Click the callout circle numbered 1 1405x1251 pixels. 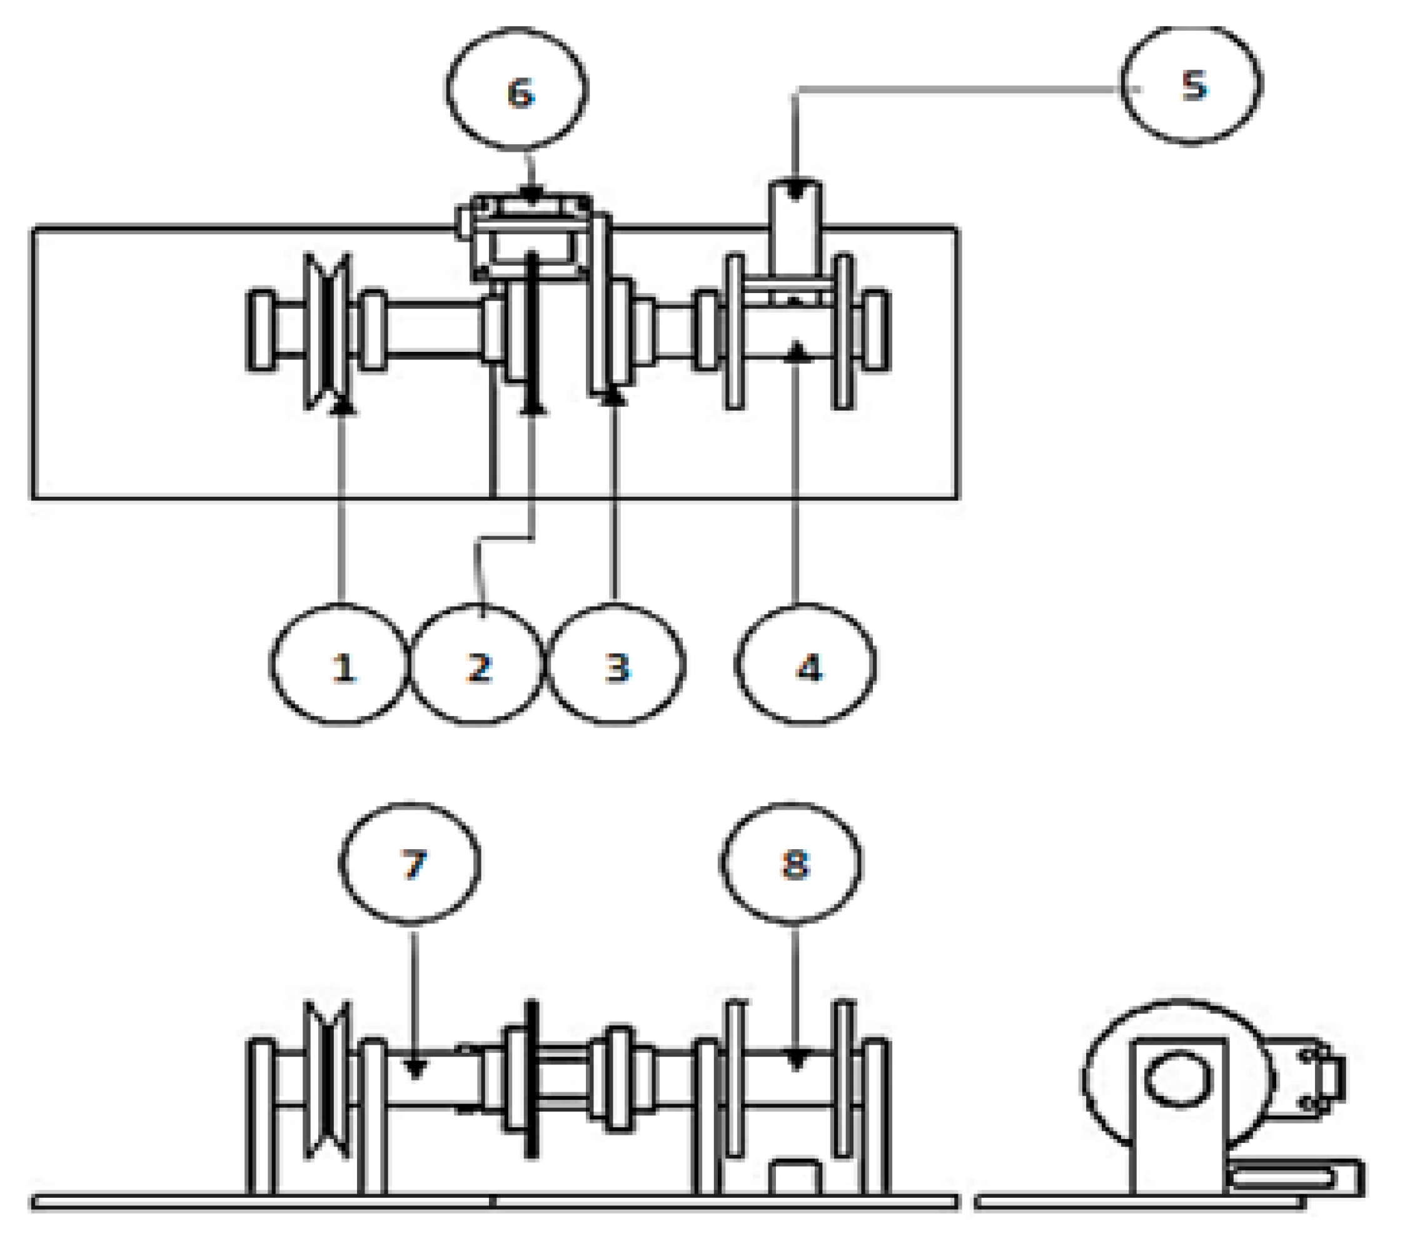[340, 664]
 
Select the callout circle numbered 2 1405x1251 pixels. [477, 664]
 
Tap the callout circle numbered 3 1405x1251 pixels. [616, 664]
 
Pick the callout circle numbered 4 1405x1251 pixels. [806, 664]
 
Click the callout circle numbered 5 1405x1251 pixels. [1191, 85]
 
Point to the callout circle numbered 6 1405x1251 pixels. [517, 89]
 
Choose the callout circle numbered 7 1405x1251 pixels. [410, 864]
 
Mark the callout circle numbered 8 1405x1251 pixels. [791, 864]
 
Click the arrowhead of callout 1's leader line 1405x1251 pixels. [342, 407]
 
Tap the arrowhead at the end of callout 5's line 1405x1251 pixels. [795, 191]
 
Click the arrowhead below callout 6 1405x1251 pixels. [531, 197]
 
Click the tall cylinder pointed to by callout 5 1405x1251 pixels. [795, 230]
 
